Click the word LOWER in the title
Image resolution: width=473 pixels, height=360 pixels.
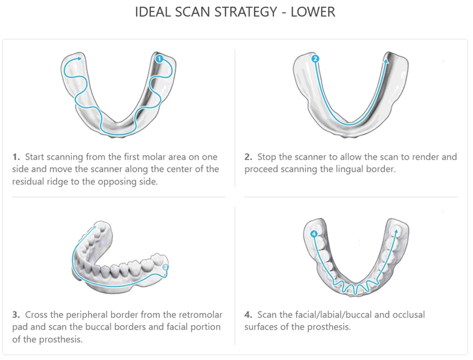pos(313,12)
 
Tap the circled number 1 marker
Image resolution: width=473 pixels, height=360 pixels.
pos(159,58)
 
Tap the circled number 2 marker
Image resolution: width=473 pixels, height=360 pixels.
pos(315,58)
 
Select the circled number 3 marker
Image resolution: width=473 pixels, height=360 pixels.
pos(165,267)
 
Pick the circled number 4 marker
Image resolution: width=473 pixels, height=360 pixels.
pos(313,234)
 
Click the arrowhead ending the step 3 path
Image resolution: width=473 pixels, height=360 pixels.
pos(93,227)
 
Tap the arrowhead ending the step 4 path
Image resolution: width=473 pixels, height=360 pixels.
pos(395,230)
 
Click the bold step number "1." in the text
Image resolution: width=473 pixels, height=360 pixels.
pos(16,157)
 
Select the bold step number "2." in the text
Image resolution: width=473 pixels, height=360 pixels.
pos(248,157)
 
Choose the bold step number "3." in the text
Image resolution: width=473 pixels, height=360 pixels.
pos(16,315)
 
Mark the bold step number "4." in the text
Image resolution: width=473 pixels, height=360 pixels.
pos(248,315)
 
